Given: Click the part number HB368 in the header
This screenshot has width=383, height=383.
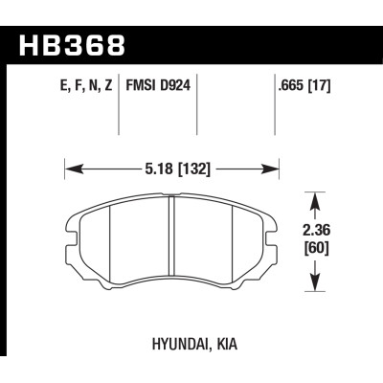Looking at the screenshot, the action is click(72, 46).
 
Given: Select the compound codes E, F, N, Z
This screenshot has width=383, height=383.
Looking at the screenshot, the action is click(86, 86).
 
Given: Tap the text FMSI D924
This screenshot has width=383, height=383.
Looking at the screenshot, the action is click(158, 85).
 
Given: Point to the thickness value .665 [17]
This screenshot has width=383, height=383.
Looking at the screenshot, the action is click(304, 85).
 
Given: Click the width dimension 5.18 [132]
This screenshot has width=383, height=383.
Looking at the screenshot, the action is click(178, 169).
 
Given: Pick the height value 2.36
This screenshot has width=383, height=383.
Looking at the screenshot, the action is click(316, 230).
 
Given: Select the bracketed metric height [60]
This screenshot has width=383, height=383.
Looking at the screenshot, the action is click(316, 248).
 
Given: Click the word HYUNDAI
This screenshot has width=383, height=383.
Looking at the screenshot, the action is click(180, 344).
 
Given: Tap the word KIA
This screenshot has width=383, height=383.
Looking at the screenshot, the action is click(227, 344).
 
